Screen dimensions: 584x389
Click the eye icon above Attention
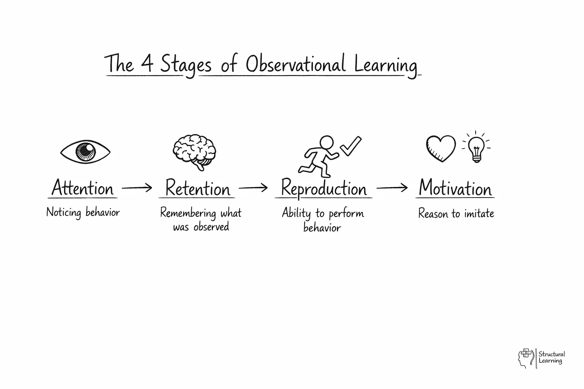click(85, 152)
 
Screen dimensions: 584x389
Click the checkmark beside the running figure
click(351, 146)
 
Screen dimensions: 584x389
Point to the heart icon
click(441, 148)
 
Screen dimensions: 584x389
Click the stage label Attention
click(83, 188)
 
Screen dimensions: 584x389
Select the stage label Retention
click(198, 188)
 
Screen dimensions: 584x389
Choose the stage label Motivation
click(455, 188)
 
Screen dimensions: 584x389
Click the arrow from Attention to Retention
click(137, 187)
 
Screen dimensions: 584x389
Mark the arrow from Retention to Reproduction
click(253, 187)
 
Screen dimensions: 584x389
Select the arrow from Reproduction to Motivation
click(392, 187)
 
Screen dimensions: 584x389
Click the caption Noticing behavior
click(83, 212)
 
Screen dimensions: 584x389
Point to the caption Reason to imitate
click(456, 213)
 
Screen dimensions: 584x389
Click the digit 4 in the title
click(147, 64)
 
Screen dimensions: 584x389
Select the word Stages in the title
click(186, 65)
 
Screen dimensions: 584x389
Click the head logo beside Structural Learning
click(525, 358)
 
